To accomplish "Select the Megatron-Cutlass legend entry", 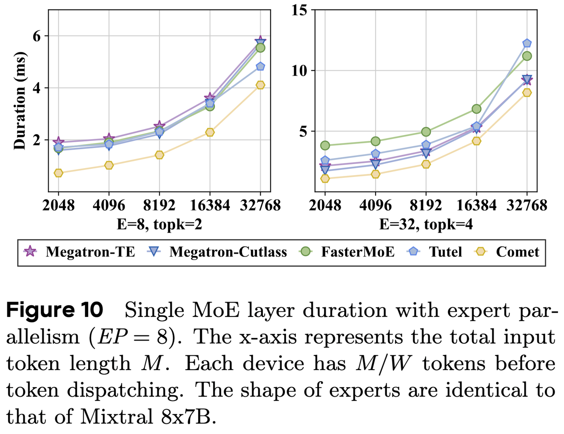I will (x=217, y=252).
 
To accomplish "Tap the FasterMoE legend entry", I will (x=347, y=252).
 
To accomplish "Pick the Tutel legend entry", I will (x=435, y=252).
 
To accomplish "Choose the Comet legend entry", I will (x=507, y=252).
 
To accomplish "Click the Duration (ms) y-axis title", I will (x=20, y=101).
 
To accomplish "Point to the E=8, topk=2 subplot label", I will (x=159, y=224).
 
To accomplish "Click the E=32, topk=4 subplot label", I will (x=426, y=224).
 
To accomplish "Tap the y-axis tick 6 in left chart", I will (x=36, y=36).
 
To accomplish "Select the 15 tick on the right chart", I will (x=300, y=10).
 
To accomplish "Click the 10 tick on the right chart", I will (x=300, y=71).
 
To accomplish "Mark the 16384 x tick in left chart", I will (x=210, y=205).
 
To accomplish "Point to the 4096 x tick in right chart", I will (x=375, y=205).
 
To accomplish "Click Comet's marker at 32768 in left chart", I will (x=260, y=85).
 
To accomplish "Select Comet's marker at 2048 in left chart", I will (x=58, y=173).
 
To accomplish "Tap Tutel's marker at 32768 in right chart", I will (x=527, y=43).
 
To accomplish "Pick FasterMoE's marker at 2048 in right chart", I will (x=325, y=145).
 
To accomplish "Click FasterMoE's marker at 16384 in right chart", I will (x=476, y=109).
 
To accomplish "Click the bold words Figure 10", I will (x=54, y=310).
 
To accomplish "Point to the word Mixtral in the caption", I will (x=116, y=417).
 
